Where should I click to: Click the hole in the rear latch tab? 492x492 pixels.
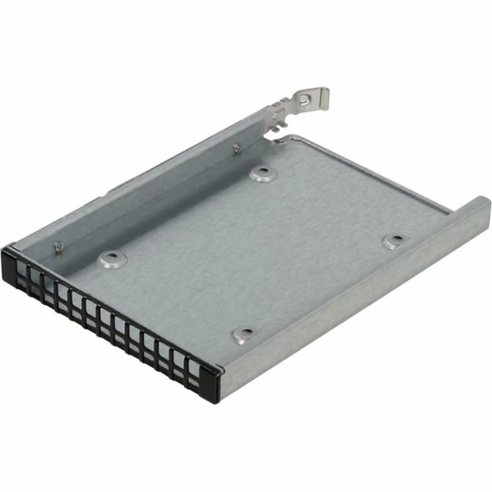click(304, 99)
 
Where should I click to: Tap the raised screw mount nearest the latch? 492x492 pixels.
click(261, 173)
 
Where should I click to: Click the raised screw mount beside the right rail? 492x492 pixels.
click(394, 241)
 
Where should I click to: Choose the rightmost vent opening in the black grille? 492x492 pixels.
click(194, 369)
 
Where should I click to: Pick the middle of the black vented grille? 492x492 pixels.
click(106, 318)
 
